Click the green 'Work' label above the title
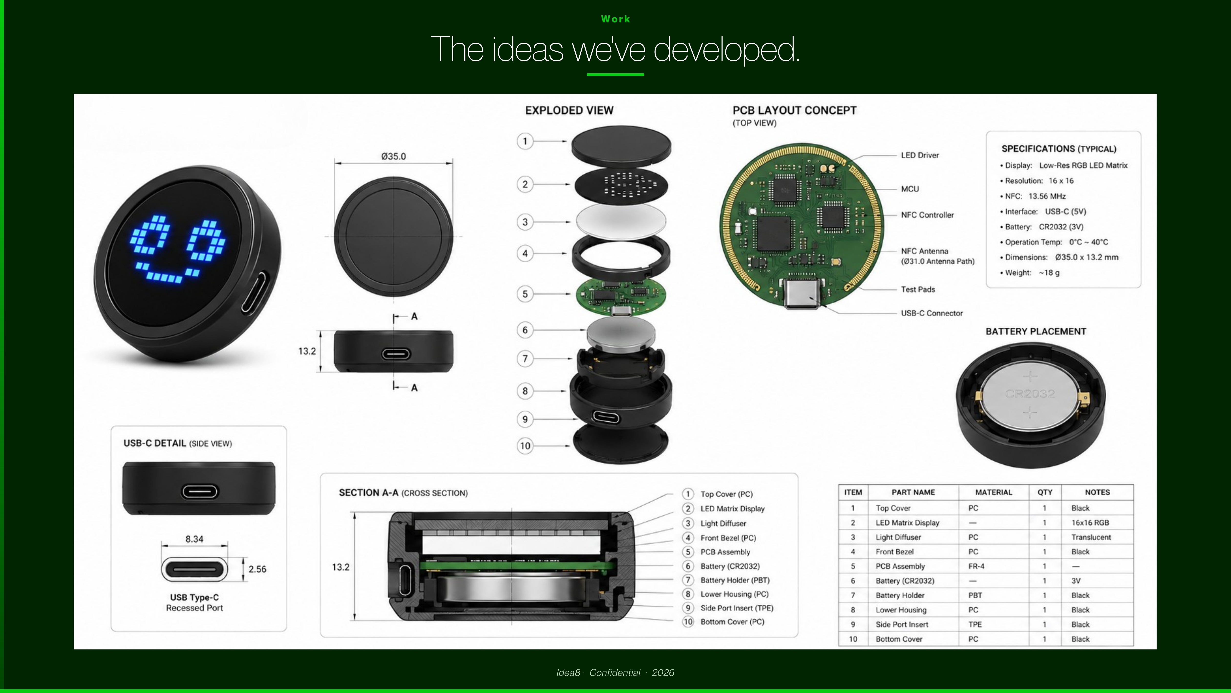click(x=615, y=19)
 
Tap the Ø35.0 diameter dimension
click(x=393, y=156)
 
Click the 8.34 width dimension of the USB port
click(x=194, y=539)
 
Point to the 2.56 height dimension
click(x=257, y=569)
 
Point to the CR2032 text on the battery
click(x=1030, y=394)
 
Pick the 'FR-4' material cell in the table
click(x=976, y=566)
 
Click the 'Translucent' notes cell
click(x=1091, y=537)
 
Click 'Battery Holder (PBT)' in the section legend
click(x=735, y=580)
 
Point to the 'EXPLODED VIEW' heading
click(x=569, y=110)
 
